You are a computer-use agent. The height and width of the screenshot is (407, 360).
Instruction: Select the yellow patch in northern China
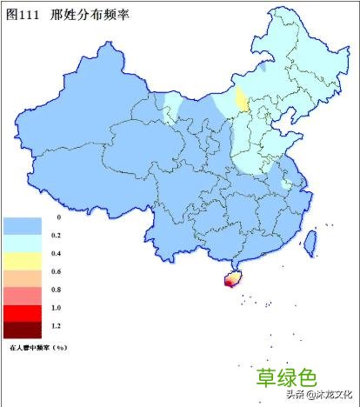(241, 98)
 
